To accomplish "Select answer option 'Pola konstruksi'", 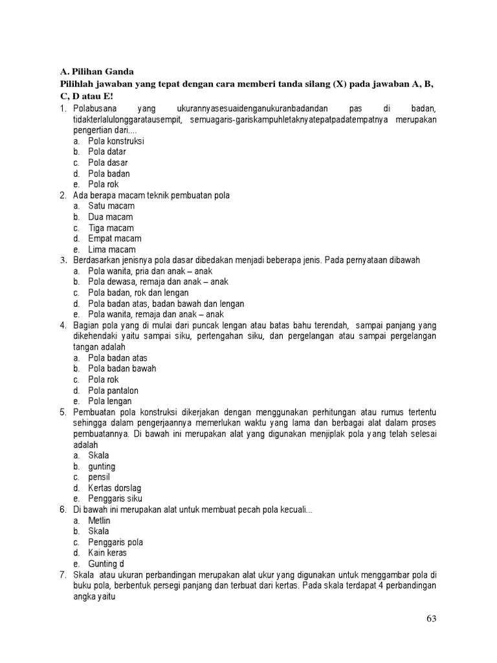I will (116, 141).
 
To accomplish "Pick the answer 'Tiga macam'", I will (111, 228).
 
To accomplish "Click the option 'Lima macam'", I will (112, 250).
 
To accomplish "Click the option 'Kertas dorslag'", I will (115, 488).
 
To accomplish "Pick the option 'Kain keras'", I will (107, 554).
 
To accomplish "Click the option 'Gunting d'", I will (106, 564).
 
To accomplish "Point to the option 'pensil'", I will (100, 477).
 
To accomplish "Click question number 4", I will (63, 326).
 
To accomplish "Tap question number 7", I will (63, 575).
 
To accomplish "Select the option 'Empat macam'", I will (115, 239).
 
